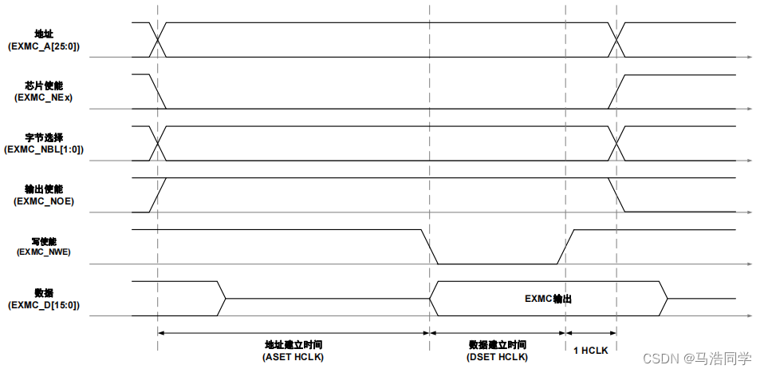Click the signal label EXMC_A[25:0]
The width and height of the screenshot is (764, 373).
(x=44, y=46)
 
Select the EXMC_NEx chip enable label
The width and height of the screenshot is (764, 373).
(x=44, y=97)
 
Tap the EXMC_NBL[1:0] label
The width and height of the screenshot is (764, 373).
(x=44, y=149)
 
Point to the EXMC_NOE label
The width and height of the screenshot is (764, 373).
(x=44, y=201)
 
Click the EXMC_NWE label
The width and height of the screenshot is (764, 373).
(x=44, y=252)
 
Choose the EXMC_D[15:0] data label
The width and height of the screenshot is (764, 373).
(x=44, y=304)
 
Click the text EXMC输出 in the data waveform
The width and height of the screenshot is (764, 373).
(x=549, y=299)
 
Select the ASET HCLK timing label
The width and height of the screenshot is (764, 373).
(x=293, y=356)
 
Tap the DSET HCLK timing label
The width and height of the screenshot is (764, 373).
(x=497, y=356)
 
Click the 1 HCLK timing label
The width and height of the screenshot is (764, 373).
(x=591, y=350)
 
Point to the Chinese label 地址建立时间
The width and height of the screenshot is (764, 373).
(x=293, y=344)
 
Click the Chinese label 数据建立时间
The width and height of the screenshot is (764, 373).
(x=497, y=344)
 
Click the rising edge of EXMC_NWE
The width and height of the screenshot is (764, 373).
(x=565, y=247)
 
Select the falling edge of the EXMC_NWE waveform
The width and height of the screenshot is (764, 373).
(x=430, y=247)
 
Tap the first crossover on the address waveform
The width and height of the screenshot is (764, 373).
(x=158, y=39)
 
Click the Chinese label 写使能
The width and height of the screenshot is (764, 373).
(x=44, y=240)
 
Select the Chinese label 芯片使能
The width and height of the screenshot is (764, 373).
(x=44, y=85)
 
